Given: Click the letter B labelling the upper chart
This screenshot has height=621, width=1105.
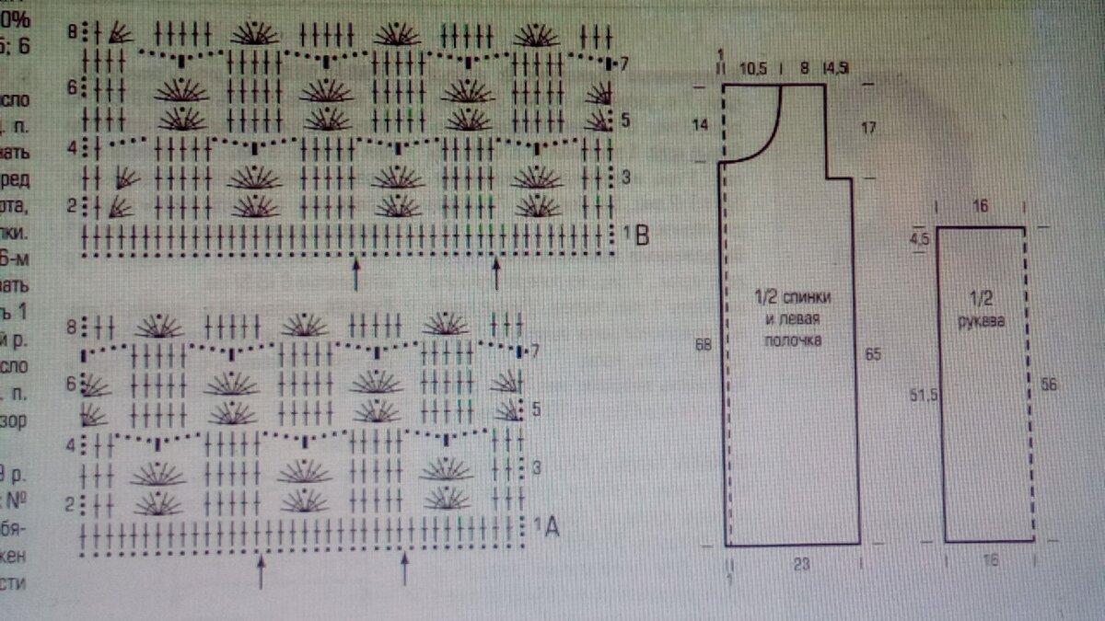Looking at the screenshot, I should [642, 236].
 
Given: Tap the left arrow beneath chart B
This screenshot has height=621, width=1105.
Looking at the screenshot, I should [356, 273].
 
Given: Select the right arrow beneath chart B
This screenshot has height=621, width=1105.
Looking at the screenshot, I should [496, 273].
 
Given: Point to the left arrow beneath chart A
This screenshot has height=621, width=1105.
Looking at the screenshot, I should [261, 570].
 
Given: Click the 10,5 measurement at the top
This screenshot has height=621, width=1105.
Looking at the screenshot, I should [752, 68].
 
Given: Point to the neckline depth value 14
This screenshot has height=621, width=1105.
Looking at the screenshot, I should [701, 124].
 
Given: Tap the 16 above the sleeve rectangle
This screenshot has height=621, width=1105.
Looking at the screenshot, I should [980, 207].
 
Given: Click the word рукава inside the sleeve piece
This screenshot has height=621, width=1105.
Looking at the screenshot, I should [981, 322].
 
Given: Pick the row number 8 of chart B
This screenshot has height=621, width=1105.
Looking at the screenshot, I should [72, 32].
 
